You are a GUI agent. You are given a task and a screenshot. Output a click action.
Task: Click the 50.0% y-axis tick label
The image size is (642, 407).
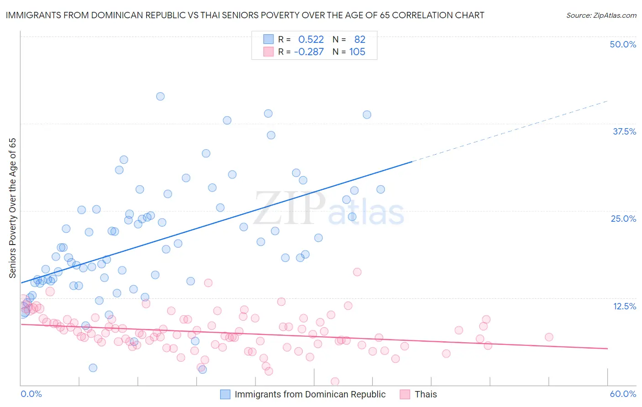(623, 44)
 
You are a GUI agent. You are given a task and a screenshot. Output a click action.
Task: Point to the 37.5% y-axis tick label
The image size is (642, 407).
(624, 131)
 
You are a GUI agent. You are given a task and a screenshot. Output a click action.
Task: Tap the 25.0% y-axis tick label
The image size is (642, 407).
(623, 219)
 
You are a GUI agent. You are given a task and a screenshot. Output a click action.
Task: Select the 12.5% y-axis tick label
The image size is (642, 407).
(624, 306)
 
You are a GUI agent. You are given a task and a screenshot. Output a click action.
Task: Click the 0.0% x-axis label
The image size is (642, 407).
(31, 394)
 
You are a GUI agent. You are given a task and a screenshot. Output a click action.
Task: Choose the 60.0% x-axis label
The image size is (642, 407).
(623, 394)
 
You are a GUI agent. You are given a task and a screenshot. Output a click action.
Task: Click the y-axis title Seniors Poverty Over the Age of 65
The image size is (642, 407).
(12, 208)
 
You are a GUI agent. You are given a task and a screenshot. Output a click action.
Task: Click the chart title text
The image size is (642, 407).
(245, 15)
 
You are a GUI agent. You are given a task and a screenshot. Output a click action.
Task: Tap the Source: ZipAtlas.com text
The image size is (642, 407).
(601, 15)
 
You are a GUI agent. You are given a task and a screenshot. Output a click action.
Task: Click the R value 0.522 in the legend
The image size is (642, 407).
(311, 39)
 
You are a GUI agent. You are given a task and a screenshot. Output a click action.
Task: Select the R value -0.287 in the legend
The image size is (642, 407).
(309, 52)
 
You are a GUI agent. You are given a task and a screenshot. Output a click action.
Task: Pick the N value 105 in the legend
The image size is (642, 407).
(357, 52)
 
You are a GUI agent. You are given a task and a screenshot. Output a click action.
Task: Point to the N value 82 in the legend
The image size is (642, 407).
(360, 39)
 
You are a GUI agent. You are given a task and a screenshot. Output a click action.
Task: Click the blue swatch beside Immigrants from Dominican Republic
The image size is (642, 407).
(225, 394)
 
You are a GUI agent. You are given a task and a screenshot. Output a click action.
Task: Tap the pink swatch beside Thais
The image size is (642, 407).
(405, 394)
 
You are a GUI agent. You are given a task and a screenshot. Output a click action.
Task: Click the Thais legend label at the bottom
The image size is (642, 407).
(426, 394)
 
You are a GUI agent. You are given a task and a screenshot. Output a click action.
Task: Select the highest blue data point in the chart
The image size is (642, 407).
(160, 96)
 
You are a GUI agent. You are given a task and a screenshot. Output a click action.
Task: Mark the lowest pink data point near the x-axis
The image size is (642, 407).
(335, 381)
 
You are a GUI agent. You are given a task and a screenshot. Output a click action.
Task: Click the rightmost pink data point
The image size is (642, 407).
(549, 337)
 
